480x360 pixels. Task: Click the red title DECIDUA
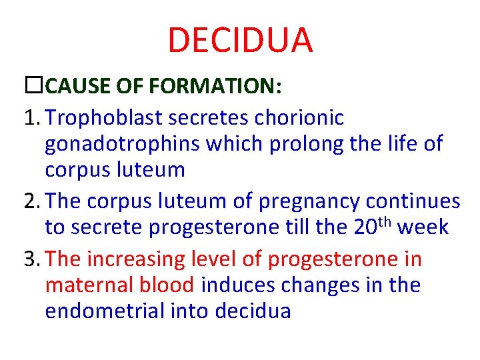pos(240,40)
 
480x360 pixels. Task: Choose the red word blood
pos(167,285)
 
